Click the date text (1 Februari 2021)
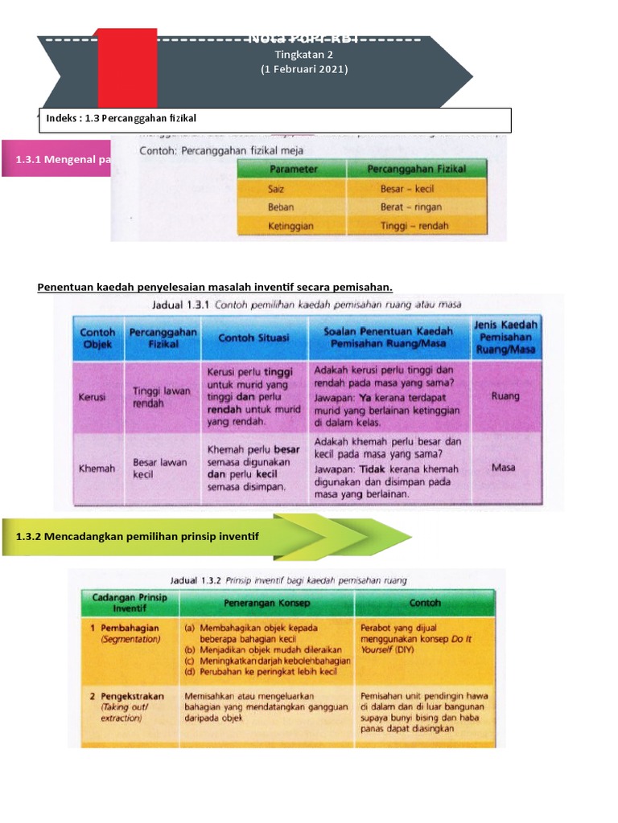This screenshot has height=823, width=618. pyautogui.click(x=304, y=70)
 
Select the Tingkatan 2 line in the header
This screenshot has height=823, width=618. pyautogui.click(x=304, y=55)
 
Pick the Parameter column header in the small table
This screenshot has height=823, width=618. pyautogui.click(x=294, y=170)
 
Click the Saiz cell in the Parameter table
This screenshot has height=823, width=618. pyautogui.click(x=277, y=189)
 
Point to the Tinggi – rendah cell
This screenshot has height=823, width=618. pyautogui.click(x=414, y=226)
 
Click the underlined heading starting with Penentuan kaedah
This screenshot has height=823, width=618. pyautogui.click(x=215, y=287)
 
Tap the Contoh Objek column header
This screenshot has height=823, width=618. pyautogui.click(x=98, y=338)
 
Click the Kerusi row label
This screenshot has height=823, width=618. pyautogui.click(x=93, y=397)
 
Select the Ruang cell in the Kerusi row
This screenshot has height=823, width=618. pyautogui.click(x=505, y=395)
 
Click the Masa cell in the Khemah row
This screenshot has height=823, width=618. pyautogui.click(x=504, y=467)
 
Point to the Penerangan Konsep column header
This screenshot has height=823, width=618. pyautogui.click(x=266, y=602)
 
